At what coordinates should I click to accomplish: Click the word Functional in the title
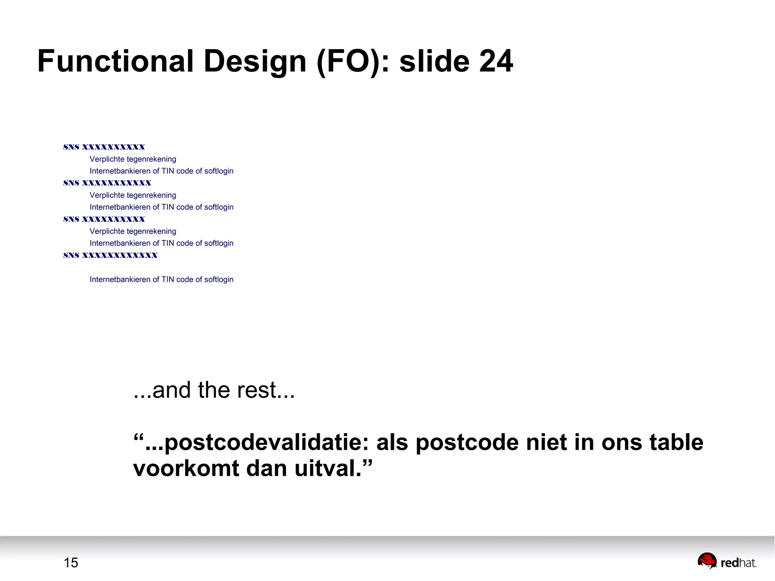click(115, 61)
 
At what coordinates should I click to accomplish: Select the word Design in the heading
click(255, 61)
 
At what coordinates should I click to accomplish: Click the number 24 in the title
click(496, 61)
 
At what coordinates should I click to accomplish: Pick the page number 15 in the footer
click(71, 563)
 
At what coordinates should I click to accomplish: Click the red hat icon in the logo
click(707, 561)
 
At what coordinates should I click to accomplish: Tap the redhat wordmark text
click(738, 563)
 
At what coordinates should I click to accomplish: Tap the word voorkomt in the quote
click(186, 468)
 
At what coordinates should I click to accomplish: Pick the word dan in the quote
click(266, 468)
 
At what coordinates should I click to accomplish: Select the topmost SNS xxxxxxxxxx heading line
click(104, 147)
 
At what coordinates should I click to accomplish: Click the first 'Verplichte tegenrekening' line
click(133, 159)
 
